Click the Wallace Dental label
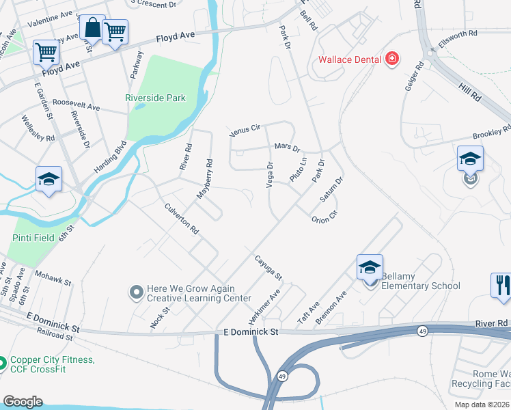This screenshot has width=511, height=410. [348, 59]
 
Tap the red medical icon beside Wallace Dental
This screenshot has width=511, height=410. [392, 59]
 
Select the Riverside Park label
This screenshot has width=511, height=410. [155, 98]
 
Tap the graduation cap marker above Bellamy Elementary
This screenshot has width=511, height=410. [370, 267]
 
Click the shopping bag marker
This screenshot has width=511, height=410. [92, 28]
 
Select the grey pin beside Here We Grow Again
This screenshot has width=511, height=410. [137, 292]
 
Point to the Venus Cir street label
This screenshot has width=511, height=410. [245, 128]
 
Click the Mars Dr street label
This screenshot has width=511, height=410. [287, 147]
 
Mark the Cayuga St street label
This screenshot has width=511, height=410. [268, 267]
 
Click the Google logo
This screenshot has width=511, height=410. [22, 402]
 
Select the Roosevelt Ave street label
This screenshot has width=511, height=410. [76, 107]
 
